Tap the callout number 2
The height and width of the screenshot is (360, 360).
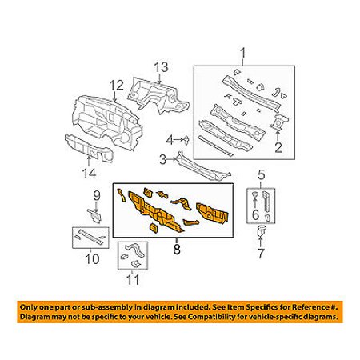click(x=278, y=147)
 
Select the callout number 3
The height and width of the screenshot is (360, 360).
click(x=162, y=159)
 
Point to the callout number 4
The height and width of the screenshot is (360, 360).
click(x=170, y=139)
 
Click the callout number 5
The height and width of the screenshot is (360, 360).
click(x=262, y=174)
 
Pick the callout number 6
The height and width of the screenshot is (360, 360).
click(x=255, y=214)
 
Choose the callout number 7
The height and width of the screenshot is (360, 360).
click(x=261, y=253)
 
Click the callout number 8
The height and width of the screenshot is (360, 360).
click(x=177, y=250)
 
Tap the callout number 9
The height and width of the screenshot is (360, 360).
click(x=97, y=196)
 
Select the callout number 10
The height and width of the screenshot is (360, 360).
click(x=92, y=258)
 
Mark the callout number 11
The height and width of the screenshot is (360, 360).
click(x=133, y=280)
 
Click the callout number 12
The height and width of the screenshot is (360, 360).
click(x=117, y=86)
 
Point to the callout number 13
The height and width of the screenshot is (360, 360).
click(x=161, y=67)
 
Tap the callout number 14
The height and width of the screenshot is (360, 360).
click(x=89, y=173)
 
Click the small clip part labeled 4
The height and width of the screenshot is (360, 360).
click(x=186, y=139)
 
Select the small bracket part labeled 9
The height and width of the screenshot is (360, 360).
click(x=94, y=216)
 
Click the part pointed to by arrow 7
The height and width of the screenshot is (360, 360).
click(x=261, y=230)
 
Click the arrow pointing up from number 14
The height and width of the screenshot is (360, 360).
click(x=89, y=161)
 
